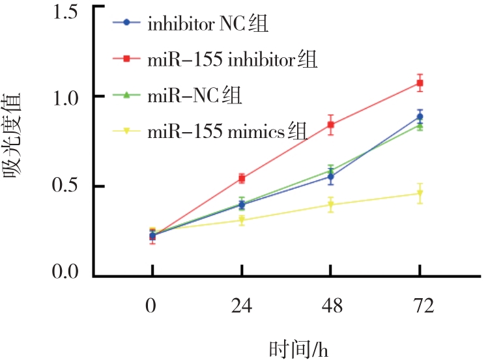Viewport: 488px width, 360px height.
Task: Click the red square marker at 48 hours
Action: [x=331, y=124]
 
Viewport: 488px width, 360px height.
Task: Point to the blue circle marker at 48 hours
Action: [x=331, y=176]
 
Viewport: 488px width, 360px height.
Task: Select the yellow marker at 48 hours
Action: [x=331, y=206]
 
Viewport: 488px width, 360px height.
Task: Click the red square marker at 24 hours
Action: [x=242, y=178]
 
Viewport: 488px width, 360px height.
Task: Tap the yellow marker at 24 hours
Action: [x=242, y=221]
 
